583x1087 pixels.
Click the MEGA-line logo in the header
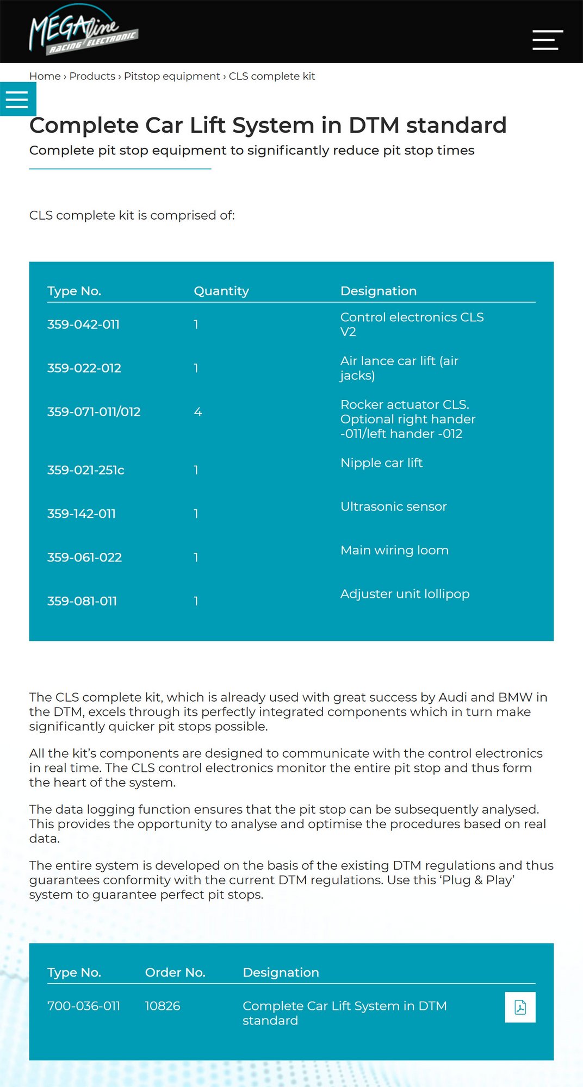(83, 31)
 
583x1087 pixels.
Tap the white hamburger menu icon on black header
(547, 40)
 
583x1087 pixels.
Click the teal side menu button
(17, 99)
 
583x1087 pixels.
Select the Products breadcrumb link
(92, 76)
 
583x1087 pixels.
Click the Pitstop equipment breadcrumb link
(172, 76)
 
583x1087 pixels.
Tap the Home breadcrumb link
(45, 76)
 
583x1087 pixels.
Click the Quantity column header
(221, 291)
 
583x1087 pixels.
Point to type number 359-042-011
(83, 324)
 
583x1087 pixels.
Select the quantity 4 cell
(198, 412)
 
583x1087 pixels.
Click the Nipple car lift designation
(381, 463)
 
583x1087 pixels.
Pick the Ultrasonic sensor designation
(393, 507)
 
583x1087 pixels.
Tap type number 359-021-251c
(85, 470)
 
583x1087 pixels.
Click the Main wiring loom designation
(394, 551)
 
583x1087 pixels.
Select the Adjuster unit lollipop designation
(405, 594)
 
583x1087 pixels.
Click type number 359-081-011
(82, 601)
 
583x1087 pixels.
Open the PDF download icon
(520, 1007)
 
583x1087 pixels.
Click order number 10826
(163, 1006)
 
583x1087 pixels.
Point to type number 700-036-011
(84, 1006)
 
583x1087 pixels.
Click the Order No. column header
(175, 972)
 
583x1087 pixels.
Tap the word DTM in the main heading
(374, 126)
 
